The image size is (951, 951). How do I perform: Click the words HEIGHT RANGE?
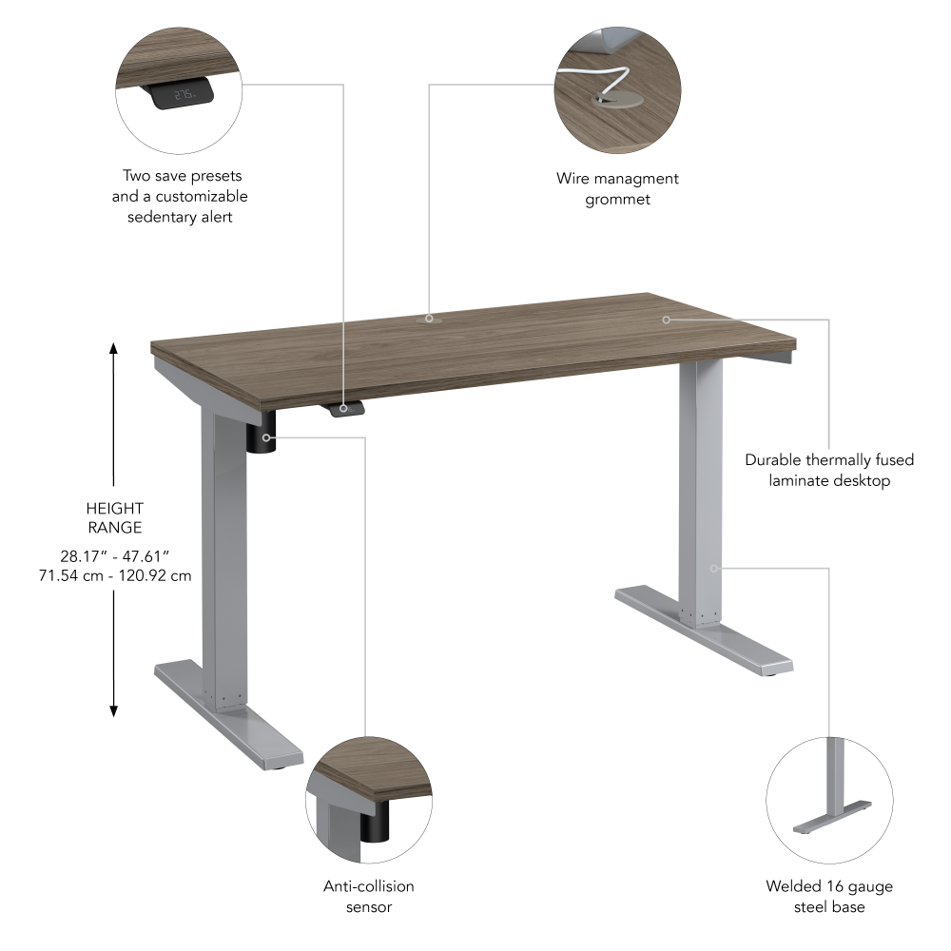pyautogui.click(x=114, y=518)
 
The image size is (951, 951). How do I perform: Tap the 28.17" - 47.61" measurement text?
pyautogui.click(x=114, y=556)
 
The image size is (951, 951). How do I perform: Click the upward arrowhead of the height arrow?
pyautogui.click(x=114, y=348)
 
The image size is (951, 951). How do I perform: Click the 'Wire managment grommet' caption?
pyautogui.click(x=617, y=188)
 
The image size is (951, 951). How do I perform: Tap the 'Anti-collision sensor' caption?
pyautogui.click(x=369, y=896)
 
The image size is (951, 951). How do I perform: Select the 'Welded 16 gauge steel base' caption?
pyautogui.click(x=829, y=896)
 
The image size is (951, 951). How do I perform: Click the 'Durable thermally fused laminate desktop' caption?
pyautogui.click(x=829, y=470)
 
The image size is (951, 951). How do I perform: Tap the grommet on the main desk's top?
pyautogui.click(x=429, y=320)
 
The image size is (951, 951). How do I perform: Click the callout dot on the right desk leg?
pyautogui.click(x=713, y=569)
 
